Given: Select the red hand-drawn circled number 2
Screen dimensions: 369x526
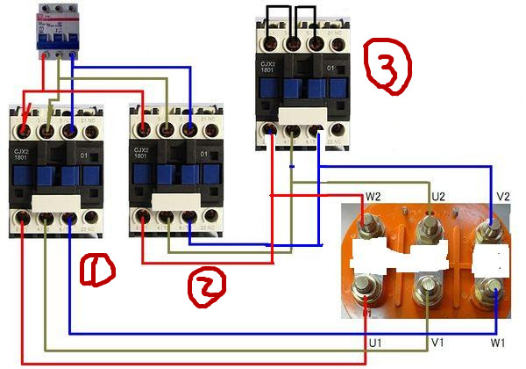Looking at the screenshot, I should pyautogui.click(x=207, y=283).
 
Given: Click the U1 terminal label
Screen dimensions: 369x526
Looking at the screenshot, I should pyautogui.click(x=375, y=341).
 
